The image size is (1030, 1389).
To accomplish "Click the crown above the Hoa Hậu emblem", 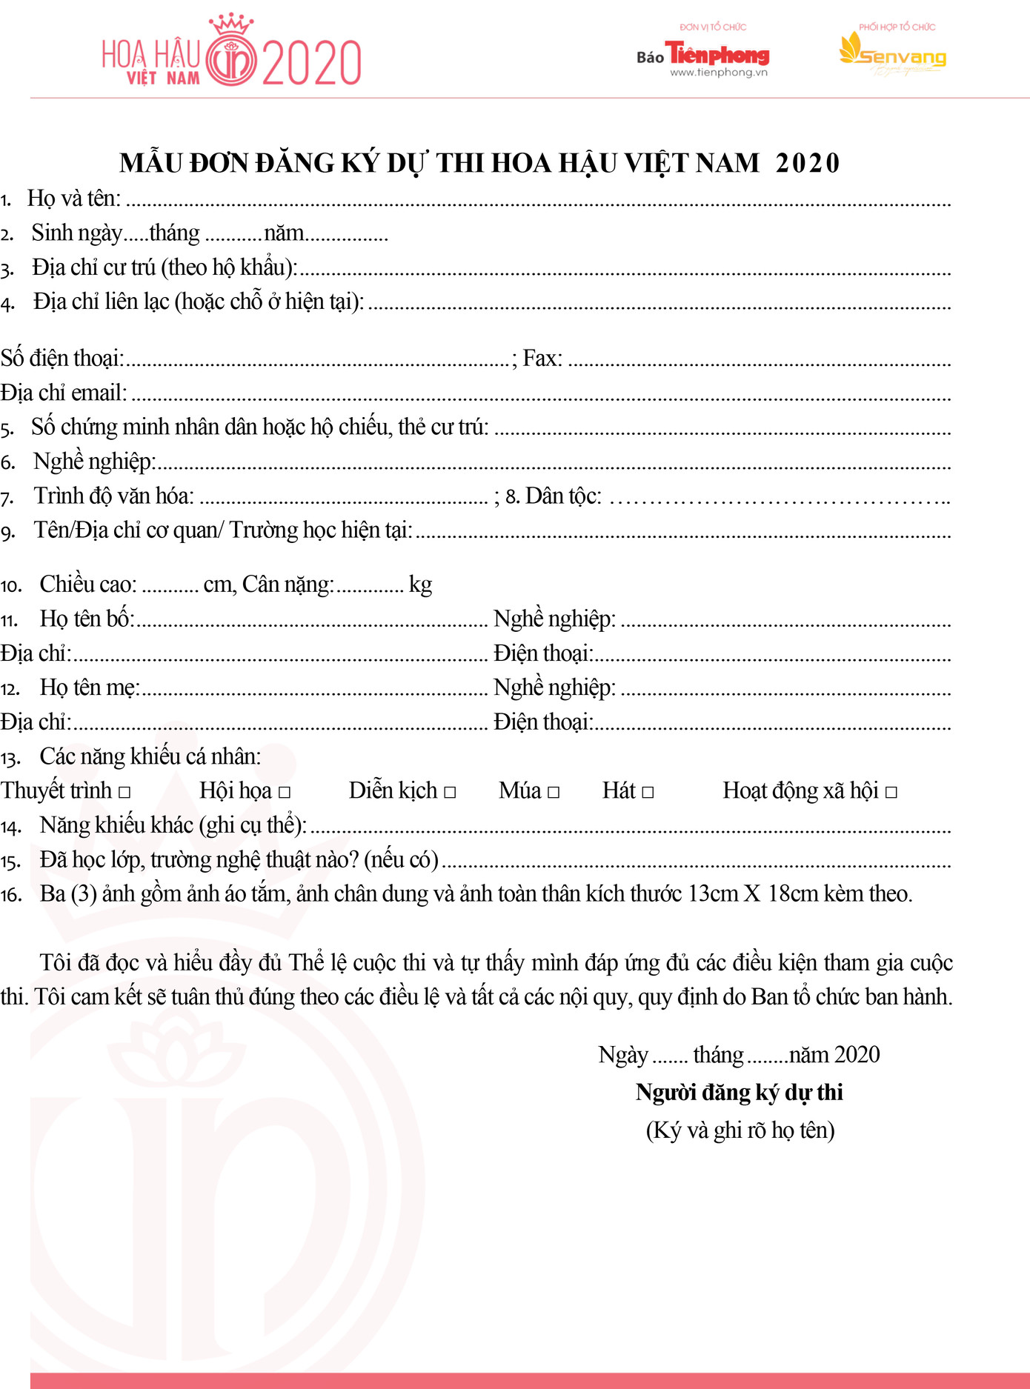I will click(x=231, y=24).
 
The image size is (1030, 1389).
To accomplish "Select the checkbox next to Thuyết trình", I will click(x=124, y=792).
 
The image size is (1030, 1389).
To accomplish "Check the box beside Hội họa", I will click(x=285, y=792).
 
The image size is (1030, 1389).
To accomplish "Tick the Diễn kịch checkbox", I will click(x=450, y=792).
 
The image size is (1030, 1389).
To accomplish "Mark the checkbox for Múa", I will click(x=554, y=792).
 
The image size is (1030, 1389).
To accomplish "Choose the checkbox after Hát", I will click(x=648, y=792).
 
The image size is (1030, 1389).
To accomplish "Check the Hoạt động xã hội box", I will click(x=891, y=792).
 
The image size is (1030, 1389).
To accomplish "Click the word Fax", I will click(x=542, y=359).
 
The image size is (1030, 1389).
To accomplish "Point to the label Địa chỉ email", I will click(x=63, y=393).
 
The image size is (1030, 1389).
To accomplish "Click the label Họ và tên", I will click(x=73, y=199).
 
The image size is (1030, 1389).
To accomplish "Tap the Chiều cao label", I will click(x=87, y=584).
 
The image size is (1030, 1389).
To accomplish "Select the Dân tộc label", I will click(x=562, y=496).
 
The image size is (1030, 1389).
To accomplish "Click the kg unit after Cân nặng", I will click(x=420, y=584).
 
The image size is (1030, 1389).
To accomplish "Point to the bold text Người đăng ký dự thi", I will click(x=739, y=1092).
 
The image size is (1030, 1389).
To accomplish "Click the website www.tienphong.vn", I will click(x=719, y=73).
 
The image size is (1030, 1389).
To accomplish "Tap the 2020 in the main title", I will click(x=808, y=163).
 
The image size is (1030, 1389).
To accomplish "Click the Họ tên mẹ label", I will click(x=89, y=687).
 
